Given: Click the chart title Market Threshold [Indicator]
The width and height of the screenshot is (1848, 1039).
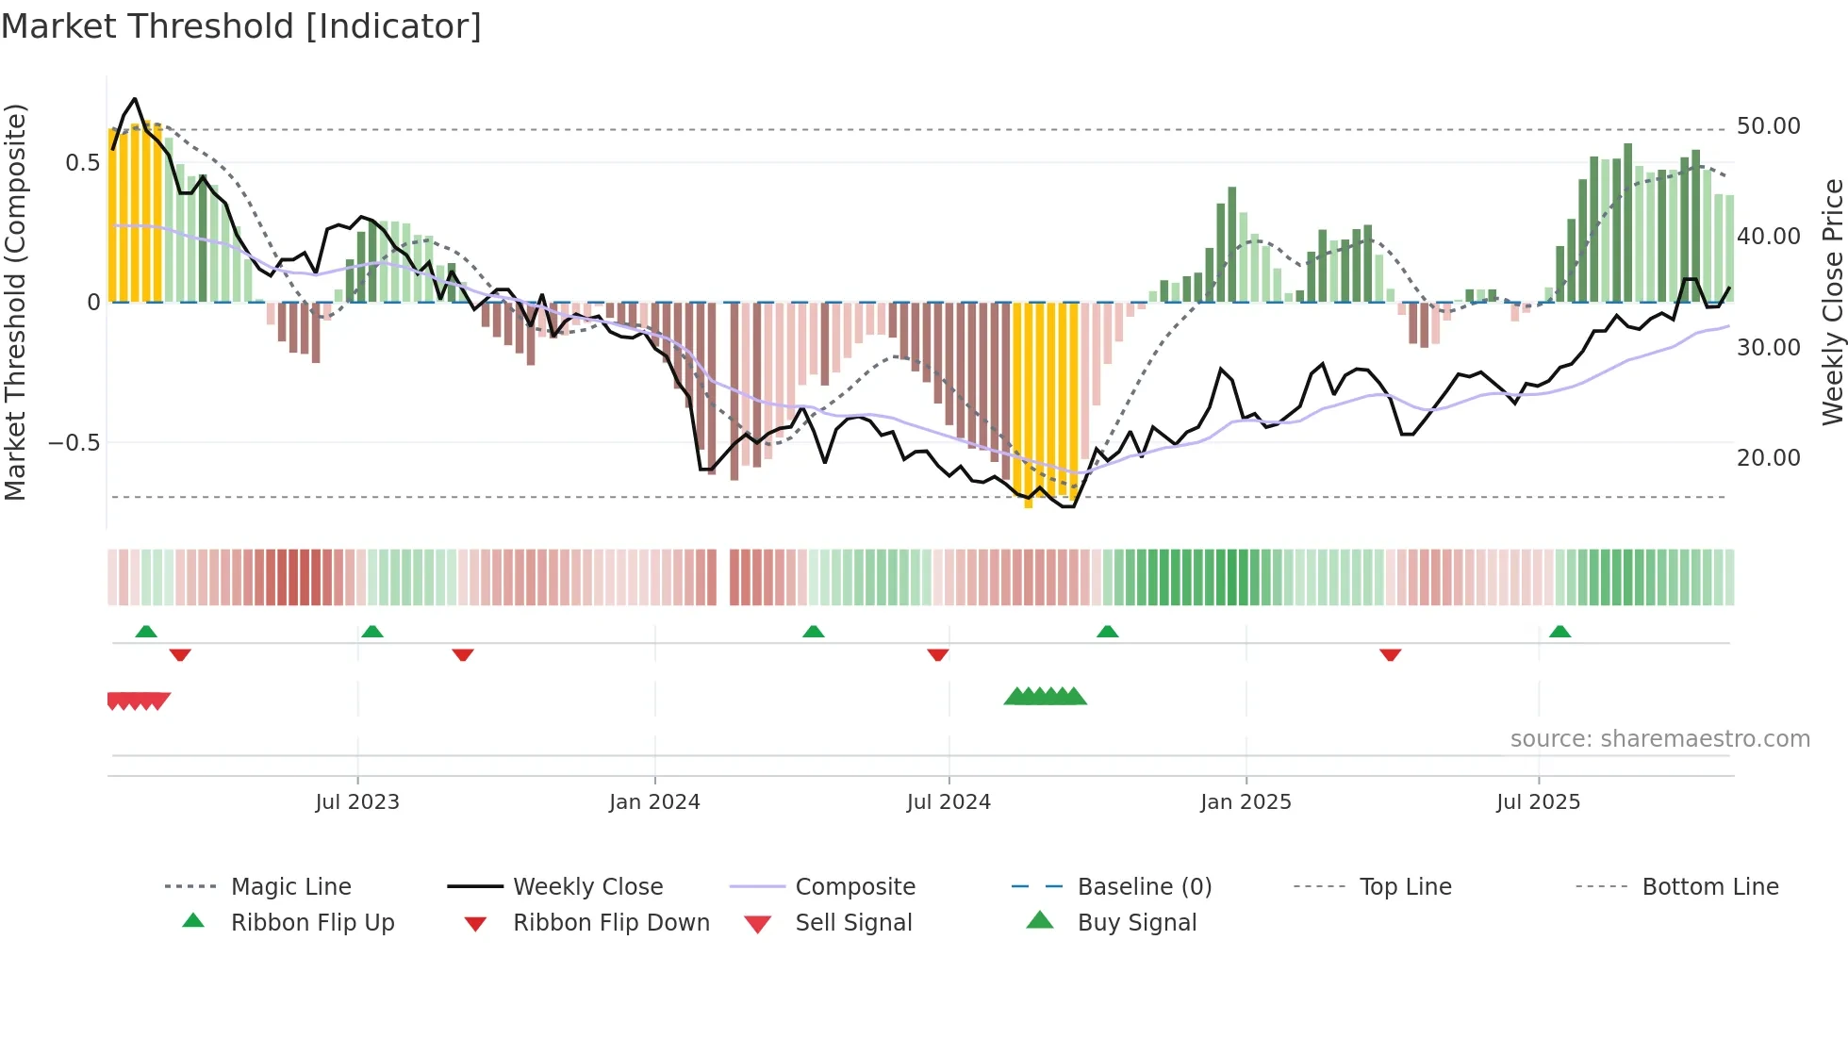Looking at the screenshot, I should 241,26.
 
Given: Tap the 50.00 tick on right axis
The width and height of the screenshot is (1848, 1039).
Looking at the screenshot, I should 1768,126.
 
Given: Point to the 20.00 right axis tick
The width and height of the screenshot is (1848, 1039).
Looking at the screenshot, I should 1768,458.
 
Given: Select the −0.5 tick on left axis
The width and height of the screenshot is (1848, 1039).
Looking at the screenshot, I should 74,443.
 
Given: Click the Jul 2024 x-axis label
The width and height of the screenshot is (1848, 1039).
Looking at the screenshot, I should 949,802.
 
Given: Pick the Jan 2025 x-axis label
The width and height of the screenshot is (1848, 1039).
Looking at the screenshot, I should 1246,802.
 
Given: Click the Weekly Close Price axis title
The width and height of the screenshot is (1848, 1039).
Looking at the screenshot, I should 1832,302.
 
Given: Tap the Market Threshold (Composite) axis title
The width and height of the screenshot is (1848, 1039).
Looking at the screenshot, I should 15,302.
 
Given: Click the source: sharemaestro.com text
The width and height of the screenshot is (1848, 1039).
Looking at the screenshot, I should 1659,739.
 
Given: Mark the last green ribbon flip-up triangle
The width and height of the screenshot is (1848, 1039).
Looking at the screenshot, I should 1559,632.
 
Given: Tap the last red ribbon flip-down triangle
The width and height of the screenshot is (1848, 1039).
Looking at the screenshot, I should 1390,654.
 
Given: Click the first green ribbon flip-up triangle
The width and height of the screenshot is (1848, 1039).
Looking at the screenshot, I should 146,632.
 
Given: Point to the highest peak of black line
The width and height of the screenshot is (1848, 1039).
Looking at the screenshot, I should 135,99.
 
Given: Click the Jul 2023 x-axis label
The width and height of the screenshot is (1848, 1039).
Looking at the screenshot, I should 357,802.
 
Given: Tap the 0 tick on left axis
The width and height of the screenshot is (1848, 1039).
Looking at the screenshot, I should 93,303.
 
